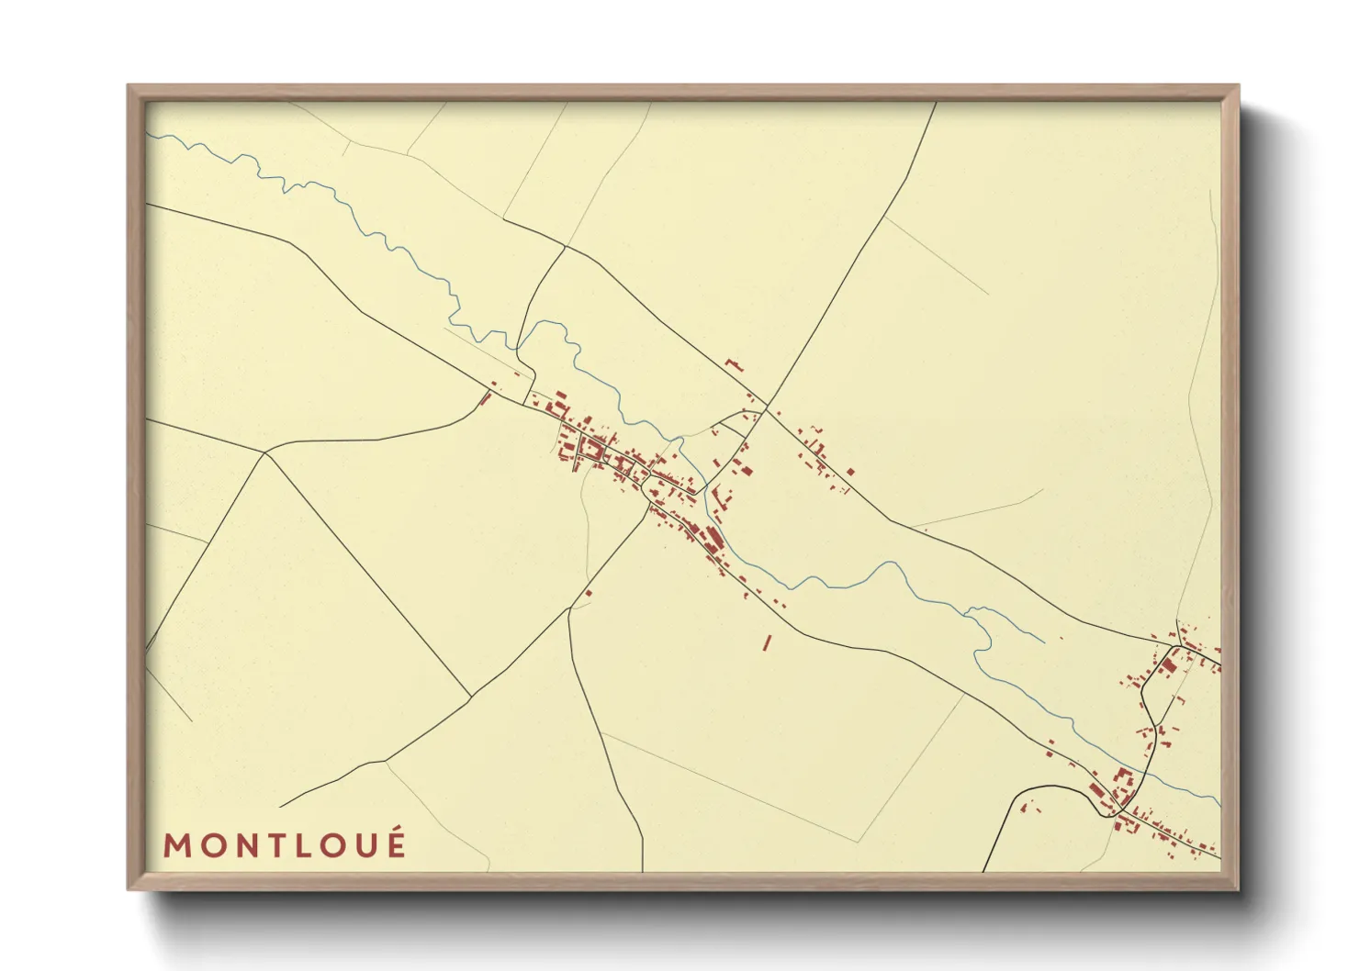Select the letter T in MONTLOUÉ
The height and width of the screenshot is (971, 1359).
click(273, 845)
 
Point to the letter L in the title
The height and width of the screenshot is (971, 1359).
click(302, 845)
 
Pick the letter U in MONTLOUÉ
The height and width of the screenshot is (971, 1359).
click(365, 845)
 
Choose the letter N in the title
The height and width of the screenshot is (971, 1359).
click(241, 845)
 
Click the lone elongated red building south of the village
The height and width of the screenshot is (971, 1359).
click(767, 642)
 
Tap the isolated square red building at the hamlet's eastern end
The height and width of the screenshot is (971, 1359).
click(850, 472)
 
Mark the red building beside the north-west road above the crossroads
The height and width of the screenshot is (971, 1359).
click(733, 364)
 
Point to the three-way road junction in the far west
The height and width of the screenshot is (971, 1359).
click(265, 452)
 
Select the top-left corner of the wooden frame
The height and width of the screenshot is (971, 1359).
click(129, 86)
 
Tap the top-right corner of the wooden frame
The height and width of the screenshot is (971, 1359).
click(1238, 86)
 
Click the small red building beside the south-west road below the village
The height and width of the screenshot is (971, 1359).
click(588, 593)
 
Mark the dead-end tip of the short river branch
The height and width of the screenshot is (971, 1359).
click(1044, 641)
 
